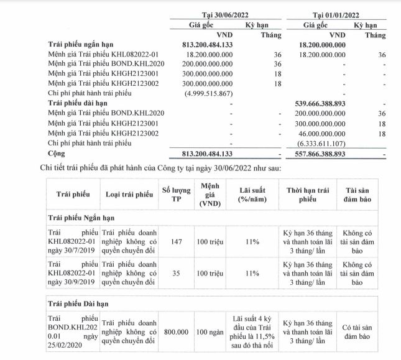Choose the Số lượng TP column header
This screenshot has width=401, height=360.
pos(175,195)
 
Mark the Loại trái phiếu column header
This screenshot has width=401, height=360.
pos(129,195)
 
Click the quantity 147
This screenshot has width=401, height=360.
pos(175,239)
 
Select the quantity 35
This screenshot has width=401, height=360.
pos(175,272)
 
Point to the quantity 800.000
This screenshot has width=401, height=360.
pos(175,333)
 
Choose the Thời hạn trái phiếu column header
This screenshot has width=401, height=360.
pos(306,195)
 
